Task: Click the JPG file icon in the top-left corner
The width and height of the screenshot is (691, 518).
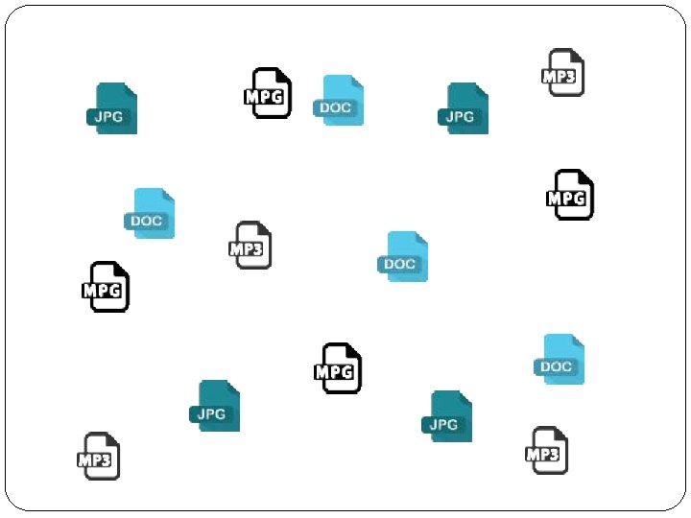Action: (x=113, y=108)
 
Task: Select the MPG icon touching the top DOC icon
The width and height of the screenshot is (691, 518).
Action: (x=268, y=93)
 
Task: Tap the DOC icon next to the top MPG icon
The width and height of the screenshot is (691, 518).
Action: (x=340, y=101)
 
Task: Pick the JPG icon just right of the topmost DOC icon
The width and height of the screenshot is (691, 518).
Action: (x=465, y=108)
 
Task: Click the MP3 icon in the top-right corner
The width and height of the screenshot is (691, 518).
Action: (x=563, y=73)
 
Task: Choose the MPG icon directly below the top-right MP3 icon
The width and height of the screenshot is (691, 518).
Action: (x=571, y=195)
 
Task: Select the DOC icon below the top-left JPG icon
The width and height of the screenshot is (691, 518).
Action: (x=151, y=213)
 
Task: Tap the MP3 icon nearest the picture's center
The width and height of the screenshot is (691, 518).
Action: (x=252, y=246)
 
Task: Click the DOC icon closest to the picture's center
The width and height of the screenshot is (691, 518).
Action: (x=404, y=256)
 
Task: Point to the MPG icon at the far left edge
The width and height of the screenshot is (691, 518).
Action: (x=107, y=287)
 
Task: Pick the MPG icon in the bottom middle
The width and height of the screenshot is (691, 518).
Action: (x=339, y=368)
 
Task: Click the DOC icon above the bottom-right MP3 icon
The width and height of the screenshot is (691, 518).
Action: (x=560, y=359)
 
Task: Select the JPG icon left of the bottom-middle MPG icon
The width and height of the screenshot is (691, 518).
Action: (x=216, y=406)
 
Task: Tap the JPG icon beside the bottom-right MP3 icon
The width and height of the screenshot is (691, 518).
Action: (x=448, y=416)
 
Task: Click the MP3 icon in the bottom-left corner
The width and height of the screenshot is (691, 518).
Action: (x=98, y=456)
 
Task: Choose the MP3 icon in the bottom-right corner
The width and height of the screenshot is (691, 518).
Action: (x=547, y=450)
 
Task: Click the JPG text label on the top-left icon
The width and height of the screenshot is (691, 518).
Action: (x=107, y=117)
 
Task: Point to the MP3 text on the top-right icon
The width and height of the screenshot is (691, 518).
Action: (x=560, y=77)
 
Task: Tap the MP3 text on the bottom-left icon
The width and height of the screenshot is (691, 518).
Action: (x=94, y=460)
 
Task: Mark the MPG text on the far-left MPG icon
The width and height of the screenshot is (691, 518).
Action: (x=103, y=291)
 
